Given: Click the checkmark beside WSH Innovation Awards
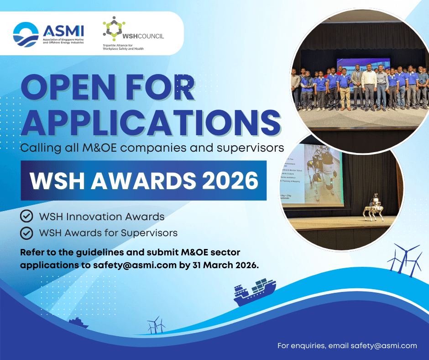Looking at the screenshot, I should [x=27, y=216].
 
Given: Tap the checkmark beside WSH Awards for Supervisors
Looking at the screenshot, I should [x=27, y=233].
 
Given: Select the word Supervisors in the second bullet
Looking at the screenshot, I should [x=149, y=233].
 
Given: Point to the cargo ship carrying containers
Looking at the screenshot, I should [x=254, y=291].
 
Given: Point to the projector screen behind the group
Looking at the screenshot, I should [x=363, y=65].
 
